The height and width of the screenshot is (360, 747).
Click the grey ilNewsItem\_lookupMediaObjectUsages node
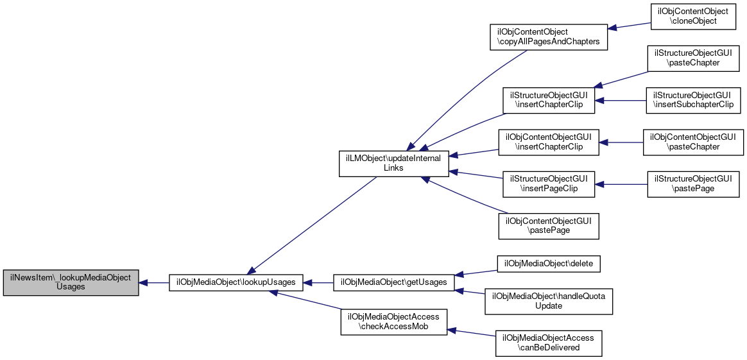coord(71,283)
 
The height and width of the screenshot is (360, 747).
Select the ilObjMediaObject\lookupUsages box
coord(236,282)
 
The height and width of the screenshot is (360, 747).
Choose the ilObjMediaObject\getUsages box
coord(393,282)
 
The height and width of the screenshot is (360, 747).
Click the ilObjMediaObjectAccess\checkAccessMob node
coord(393,322)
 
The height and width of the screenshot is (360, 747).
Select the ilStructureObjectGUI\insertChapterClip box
coord(549,100)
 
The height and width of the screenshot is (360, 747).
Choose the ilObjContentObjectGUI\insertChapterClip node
coord(548,142)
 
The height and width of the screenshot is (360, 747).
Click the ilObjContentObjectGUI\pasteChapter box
coord(693,142)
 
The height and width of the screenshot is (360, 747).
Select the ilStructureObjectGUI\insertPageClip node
coord(549,184)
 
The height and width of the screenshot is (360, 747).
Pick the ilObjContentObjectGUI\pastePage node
coord(548,226)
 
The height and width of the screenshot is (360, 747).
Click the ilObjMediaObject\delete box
coord(548,263)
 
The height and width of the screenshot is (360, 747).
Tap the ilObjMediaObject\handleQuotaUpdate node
coord(548,301)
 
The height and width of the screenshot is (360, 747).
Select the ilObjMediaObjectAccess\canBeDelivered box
coord(548,343)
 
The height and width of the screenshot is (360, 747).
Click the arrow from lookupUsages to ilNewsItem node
coord(154,283)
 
